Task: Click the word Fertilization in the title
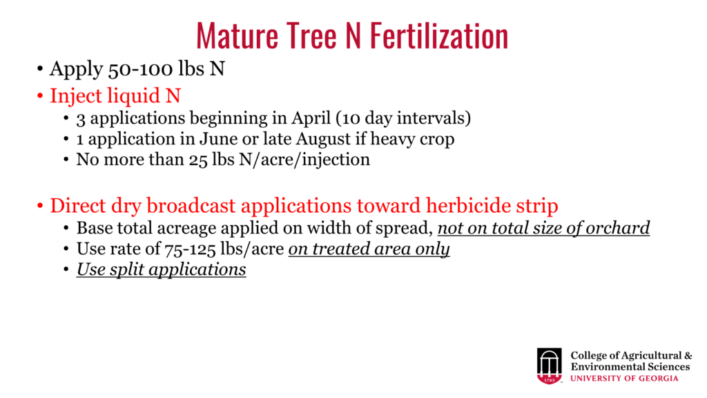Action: point(439,36)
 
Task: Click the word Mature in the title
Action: point(238,36)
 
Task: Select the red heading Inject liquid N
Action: point(115,95)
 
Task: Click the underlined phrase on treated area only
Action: point(369,249)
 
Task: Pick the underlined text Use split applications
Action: point(162,269)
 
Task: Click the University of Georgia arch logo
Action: point(549,366)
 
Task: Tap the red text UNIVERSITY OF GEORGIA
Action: point(624,378)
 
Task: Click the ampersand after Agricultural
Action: point(688,356)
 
